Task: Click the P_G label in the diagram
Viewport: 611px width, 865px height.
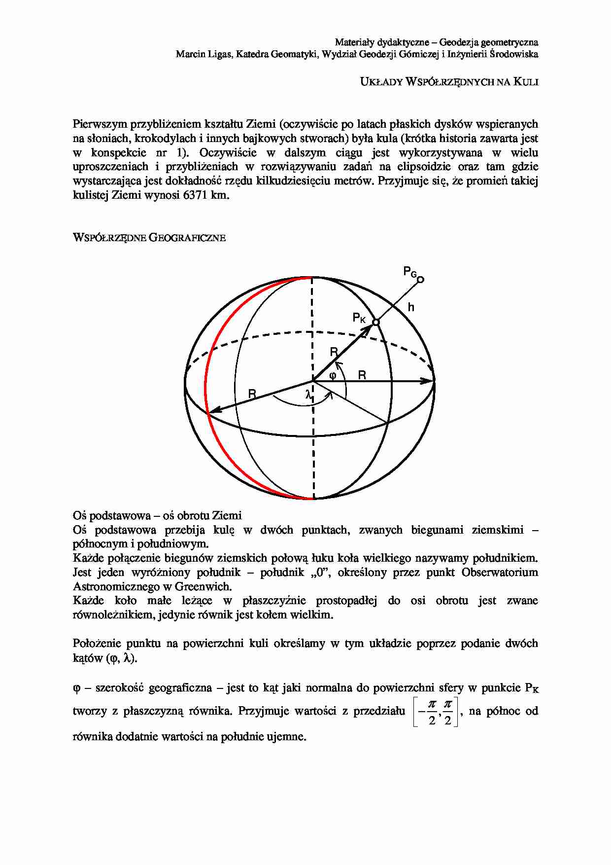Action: pos(410,272)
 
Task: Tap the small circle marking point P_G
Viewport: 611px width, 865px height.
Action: pos(420,280)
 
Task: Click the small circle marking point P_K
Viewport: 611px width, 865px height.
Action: pos(375,322)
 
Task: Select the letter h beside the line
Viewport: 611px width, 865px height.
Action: pos(411,308)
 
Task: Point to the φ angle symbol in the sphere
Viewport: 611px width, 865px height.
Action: pos(333,375)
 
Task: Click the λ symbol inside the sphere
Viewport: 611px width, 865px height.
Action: pos(308,395)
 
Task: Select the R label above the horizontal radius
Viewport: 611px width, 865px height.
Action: pos(362,375)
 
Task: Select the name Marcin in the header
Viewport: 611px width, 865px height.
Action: pos(190,54)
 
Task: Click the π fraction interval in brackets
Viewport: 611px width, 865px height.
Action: pos(436,712)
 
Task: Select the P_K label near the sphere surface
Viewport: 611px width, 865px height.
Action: pos(359,318)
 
